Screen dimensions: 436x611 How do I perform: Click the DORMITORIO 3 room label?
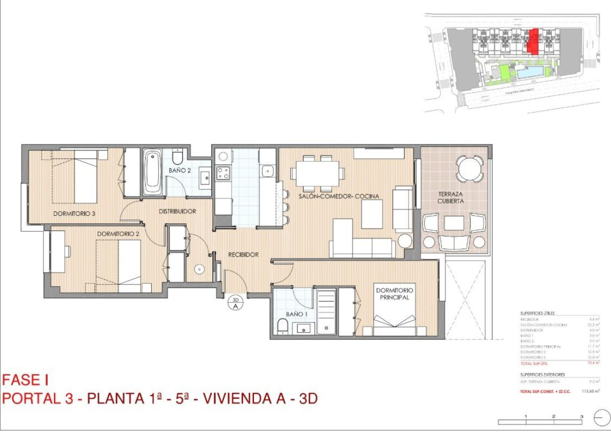(74, 213)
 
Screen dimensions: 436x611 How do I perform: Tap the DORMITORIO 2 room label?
(118, 234)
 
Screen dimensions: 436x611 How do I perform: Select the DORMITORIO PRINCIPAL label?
(394, 294)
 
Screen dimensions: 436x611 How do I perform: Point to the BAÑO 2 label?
(179, 170)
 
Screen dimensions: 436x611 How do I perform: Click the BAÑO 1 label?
(296, 314)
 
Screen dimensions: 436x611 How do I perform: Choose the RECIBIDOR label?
(243, 255)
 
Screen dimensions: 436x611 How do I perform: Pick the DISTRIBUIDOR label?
(177, 211)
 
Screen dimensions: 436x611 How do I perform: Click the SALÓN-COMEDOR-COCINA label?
(339, 196)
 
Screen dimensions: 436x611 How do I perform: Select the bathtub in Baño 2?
(152, 173)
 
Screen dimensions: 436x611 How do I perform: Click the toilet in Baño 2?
(177, 157)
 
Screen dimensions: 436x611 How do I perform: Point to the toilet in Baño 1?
(283, 328)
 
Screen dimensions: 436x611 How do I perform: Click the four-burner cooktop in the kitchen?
(222, 173)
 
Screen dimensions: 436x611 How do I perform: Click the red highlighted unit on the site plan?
(534, 41)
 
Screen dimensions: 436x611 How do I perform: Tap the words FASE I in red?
(26, 379)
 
